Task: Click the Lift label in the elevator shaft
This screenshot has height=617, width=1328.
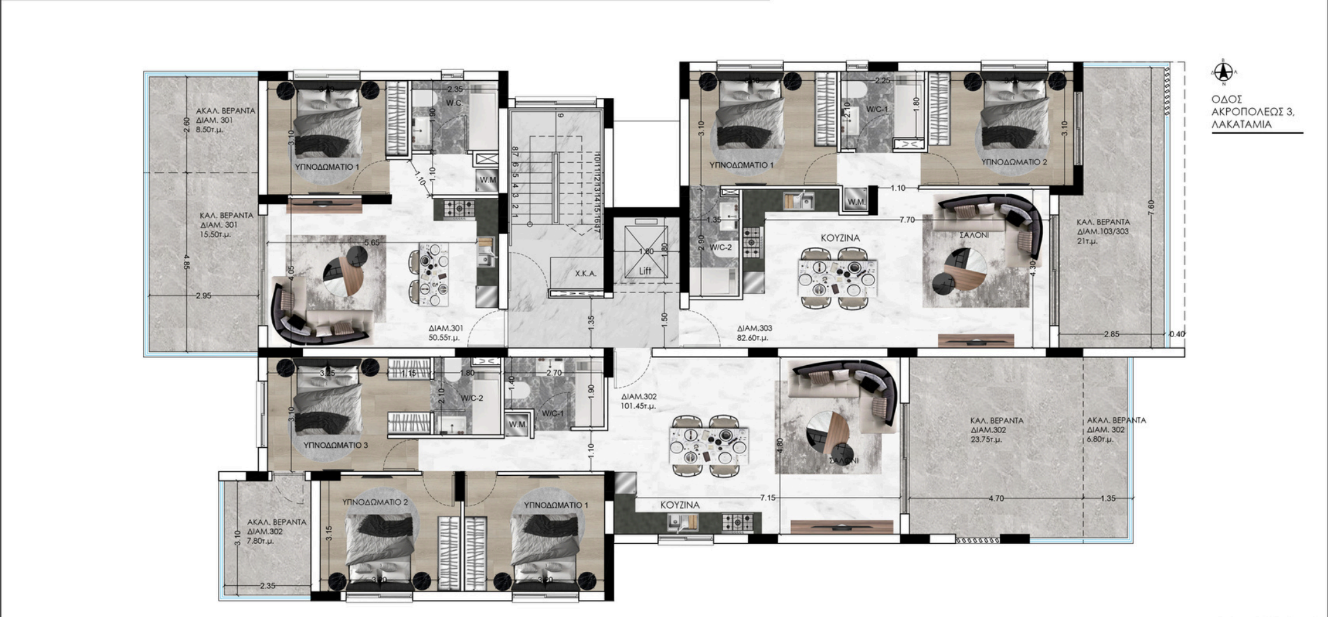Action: click(x=645, y=271)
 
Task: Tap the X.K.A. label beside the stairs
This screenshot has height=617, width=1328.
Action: click(x=585, y=274)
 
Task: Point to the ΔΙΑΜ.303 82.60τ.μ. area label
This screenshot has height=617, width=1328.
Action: click(x=754, y=333)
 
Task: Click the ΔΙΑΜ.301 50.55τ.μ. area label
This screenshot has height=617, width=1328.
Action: click(x=446, y=333)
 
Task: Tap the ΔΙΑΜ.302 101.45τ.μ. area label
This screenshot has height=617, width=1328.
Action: click(x=639, y=401)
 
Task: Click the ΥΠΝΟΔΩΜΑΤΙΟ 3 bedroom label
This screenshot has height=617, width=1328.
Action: click(x=335, y=445)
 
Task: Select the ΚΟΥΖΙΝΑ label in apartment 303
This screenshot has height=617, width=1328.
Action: click(x=840, y=237)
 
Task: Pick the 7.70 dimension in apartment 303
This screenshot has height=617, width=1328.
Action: click(x=907, y=220)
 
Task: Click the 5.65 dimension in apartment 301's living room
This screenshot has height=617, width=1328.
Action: click(x=371, y=242)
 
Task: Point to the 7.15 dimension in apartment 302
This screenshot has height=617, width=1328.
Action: click(x=768, y=497)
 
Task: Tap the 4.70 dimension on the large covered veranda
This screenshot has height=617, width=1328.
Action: click(x=996, y=498)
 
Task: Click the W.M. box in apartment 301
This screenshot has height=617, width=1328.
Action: click(x=488, y=180)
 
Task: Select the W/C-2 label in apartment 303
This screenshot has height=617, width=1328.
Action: click(x=721, y=247)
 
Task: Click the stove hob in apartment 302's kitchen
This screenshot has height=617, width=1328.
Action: click(x=737, y=522)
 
